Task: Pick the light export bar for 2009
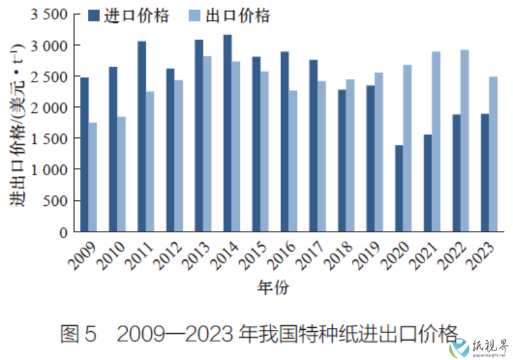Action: point(93,177)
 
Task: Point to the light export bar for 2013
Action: point(207,144)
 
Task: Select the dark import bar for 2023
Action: point(485,173)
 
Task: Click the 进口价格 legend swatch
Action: point(93,16)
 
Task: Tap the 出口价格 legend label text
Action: point(238,16)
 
